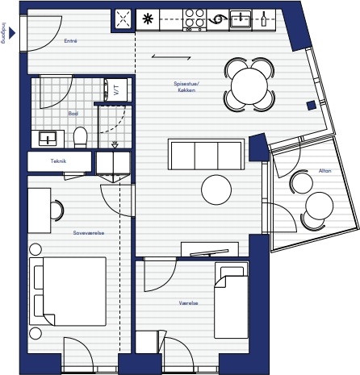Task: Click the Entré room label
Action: pos(70,41)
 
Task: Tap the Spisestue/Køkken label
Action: pos(186,86)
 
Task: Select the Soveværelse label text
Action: pos(89,233)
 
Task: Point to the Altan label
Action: pos(324,171)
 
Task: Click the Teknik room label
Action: pos(58,161)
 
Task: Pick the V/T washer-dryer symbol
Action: pos(115,90)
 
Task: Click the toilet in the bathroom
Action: pos(81,137)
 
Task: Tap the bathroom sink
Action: pos(48,139)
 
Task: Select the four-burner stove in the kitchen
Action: pos(195,19)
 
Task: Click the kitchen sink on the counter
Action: pos(241,19)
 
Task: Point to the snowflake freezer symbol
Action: pos(148,19)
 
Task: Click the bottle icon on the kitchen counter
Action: pos(264,19)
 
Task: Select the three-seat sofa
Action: pos(207,154)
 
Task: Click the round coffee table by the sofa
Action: pos(216,190)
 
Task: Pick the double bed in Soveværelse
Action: pos(68,291)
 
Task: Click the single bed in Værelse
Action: pos(232,300)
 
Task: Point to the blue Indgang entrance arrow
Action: pos(12,33)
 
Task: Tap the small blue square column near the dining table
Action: pos(312,105)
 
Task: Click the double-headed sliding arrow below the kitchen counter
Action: pos(171,56)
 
